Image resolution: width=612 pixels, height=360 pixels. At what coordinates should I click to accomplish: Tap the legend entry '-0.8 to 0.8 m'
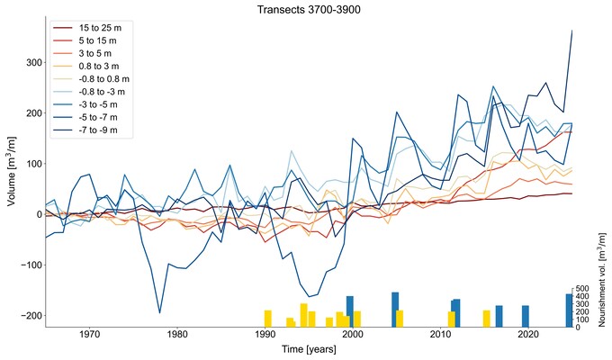pos(107,79)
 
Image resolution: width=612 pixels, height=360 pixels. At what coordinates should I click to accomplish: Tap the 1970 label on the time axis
pos(89,336)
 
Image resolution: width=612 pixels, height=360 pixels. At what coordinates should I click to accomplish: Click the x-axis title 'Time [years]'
pos(306,349)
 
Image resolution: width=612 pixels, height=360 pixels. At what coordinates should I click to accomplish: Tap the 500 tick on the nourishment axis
pos(583,290)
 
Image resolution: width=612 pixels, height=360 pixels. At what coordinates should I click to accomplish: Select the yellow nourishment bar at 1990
pos(267,319)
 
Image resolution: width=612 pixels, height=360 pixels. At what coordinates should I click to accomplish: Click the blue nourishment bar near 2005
pos(395,309)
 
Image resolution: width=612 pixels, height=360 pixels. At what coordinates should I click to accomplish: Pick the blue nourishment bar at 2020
pos(526,316)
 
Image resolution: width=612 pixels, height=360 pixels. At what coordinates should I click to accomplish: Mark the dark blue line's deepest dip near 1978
pos(159,312)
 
